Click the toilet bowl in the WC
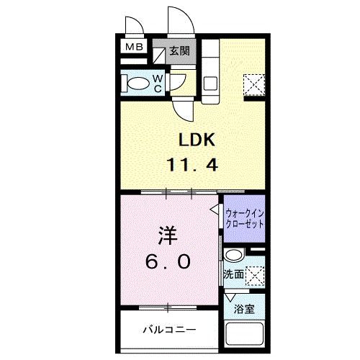point(135,84)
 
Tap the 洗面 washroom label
point(233,274)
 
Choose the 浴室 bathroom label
point(244,310)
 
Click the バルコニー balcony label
point(168,330)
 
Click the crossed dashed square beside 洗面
point(255,276)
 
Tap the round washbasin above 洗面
point(233,256)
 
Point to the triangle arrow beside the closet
point(215,210)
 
